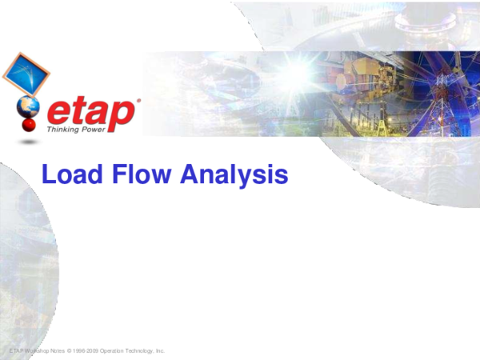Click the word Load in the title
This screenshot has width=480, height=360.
coord(72,174)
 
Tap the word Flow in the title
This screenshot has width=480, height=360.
coord(142,174)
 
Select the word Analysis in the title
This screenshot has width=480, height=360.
coord(234,175)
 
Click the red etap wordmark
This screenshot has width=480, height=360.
coord(91,113)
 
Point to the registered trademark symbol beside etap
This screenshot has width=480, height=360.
coord(138,101)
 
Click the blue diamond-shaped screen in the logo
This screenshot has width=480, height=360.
coord(26,74)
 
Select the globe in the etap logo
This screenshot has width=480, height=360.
coord(28,107)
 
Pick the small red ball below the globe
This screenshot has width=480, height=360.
coord(29,126)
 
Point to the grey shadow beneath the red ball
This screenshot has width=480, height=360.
coord(29,142)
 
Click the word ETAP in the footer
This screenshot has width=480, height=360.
coord(16,351)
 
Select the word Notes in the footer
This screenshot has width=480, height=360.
coord(58,351)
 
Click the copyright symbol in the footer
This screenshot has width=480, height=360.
coord(69,351)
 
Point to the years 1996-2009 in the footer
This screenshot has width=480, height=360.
coord(86,351)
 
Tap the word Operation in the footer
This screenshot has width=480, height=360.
coord(111,351)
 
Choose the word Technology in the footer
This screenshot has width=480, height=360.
coord(139,351)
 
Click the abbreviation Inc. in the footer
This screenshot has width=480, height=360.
coord(160,351)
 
